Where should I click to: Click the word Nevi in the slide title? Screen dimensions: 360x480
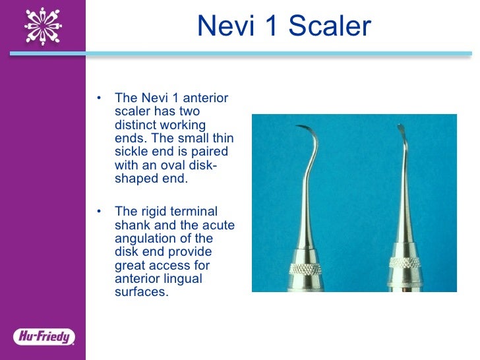(223, 26)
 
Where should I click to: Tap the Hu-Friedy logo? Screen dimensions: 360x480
(43, 337)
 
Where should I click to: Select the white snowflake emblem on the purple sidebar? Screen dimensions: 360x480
(43, 25)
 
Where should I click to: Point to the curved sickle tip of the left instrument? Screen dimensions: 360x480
(305, 128)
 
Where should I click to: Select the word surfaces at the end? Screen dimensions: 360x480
(141, 291)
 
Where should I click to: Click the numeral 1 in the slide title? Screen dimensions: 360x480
(268, 26)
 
